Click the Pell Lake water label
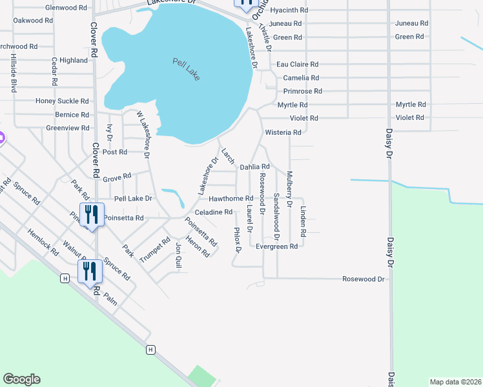tap(187, 69)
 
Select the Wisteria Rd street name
tap(283, 132)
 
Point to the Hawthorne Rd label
tap(231, 199)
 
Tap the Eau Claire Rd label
tap(297, 64)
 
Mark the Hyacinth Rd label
tap(289, 11)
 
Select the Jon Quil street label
tap(179, 255)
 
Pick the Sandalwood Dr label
tap(276, 208)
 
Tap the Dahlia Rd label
tap(254, 166)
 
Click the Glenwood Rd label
tap(66, 8)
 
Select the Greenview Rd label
tap(68, 128)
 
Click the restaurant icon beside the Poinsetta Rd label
tap(91, 215)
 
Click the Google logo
tap(21, 379)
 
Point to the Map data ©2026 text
tap(455, 382)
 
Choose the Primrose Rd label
tap(299, 92)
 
